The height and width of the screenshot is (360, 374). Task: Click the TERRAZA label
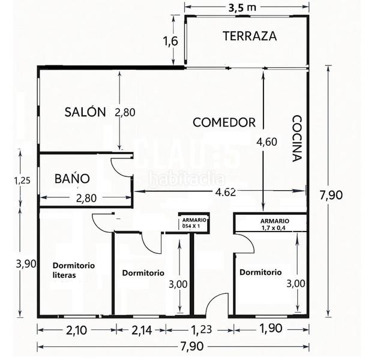pyautogui.click(x=250, y=36)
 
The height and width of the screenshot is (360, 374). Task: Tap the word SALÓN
pyautogui.click(x=85, y=112)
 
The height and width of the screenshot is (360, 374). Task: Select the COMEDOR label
pyautogui.click(x=224, y=122)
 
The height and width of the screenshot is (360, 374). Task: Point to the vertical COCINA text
pyautogui.click(x=296, y=139)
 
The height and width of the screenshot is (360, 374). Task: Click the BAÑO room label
pyautogui.click(x=72, y=178)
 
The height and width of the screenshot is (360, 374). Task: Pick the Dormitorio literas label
pyautogui.click(x=74, y=270)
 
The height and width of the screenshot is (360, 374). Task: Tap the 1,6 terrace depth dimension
pyautogui.click(x=171, y=41)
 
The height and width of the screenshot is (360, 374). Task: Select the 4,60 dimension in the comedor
pyautogui.click(x=267, y=142)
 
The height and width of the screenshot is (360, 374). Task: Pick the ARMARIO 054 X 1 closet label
pyautogui.click(x=194, y=223)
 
